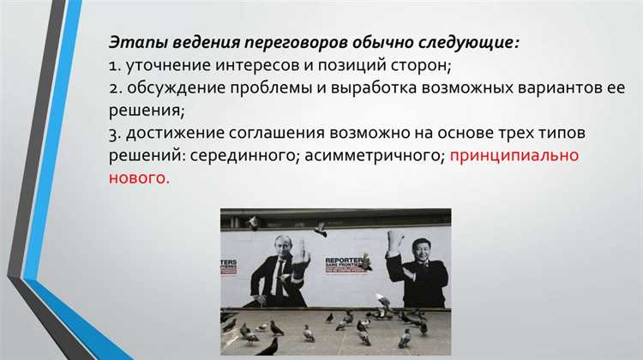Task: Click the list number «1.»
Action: click(115, 65)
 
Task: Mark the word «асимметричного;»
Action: click(373, 156)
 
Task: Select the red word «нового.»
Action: click(138, 178)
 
